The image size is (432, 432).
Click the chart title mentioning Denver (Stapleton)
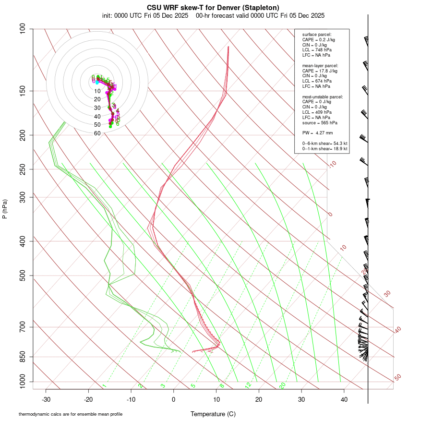tap(213, 7)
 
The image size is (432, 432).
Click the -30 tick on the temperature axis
tap(46, 399)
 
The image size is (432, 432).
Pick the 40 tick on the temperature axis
tap(344, 399)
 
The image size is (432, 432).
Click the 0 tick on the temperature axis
tap(174, 399)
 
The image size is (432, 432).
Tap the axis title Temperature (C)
tap(213, 414)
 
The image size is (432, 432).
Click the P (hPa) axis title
tap(5, 209)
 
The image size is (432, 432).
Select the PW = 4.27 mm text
tap(314, 133)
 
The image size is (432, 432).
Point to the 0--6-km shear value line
tap(324, 144)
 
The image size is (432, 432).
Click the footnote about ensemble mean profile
tap(71, 414)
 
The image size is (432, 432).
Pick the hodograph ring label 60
tap(97, 133)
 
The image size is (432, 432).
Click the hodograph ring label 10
tap(97, 91)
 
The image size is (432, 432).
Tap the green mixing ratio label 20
tap(282, 385)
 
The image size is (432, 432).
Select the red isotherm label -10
tap(332, 164)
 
